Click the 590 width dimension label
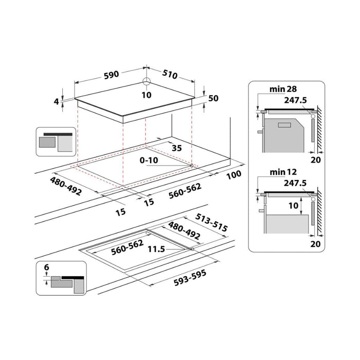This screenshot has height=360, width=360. pyautogui.click(x=111, y=74)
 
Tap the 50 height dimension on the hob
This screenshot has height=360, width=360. pyautogui.click(x=214, y=98)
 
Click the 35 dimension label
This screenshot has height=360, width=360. pyautogui.click(x=176, y=148)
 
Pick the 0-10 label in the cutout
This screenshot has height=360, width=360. pyautogui.click(x=149, y=160)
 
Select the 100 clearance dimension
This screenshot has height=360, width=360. pyautogui.click(x=233, y=175)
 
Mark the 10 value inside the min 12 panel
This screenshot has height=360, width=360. pyautogui.click(x=293, y=206)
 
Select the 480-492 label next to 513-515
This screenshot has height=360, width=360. pyautogui.click(x=184, y=231)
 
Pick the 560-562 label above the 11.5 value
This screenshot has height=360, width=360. pyautogui.click(x=128, y=246)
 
